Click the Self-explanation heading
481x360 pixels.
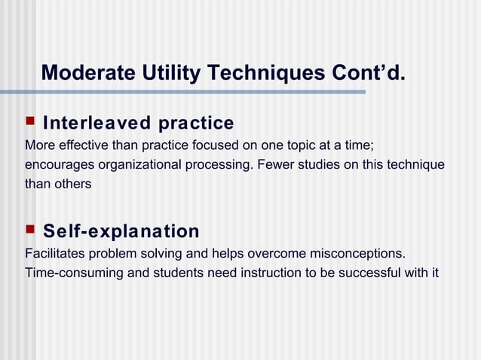(x=121, y=230)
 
